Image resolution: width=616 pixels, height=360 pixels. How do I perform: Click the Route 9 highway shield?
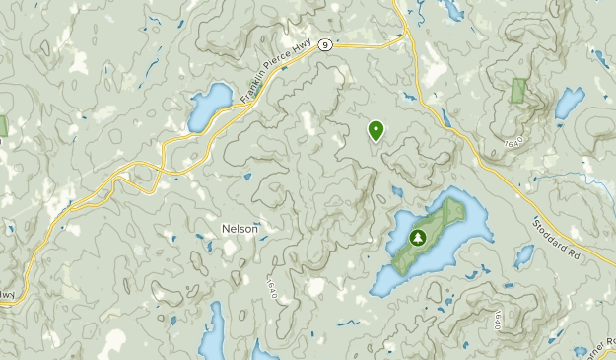point(324,44)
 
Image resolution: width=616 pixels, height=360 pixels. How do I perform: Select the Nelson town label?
point(240,228)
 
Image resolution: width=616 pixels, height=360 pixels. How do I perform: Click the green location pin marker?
point(376,129)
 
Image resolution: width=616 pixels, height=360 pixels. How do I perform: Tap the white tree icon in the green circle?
point(417,238)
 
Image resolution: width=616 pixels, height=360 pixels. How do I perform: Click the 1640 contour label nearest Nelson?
point(271,290)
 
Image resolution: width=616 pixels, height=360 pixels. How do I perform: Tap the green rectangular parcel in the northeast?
point(519,90)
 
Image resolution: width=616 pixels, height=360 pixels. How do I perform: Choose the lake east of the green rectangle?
point(568,103)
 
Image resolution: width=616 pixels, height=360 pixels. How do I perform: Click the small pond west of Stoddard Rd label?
point(523,255)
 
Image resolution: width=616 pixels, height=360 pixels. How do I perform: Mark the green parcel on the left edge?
point(3,125)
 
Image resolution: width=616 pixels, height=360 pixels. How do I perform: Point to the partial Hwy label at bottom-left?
point(9,293)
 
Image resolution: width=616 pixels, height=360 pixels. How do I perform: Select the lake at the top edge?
point(450,9)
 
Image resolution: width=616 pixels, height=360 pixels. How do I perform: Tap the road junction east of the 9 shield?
point(406,36)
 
